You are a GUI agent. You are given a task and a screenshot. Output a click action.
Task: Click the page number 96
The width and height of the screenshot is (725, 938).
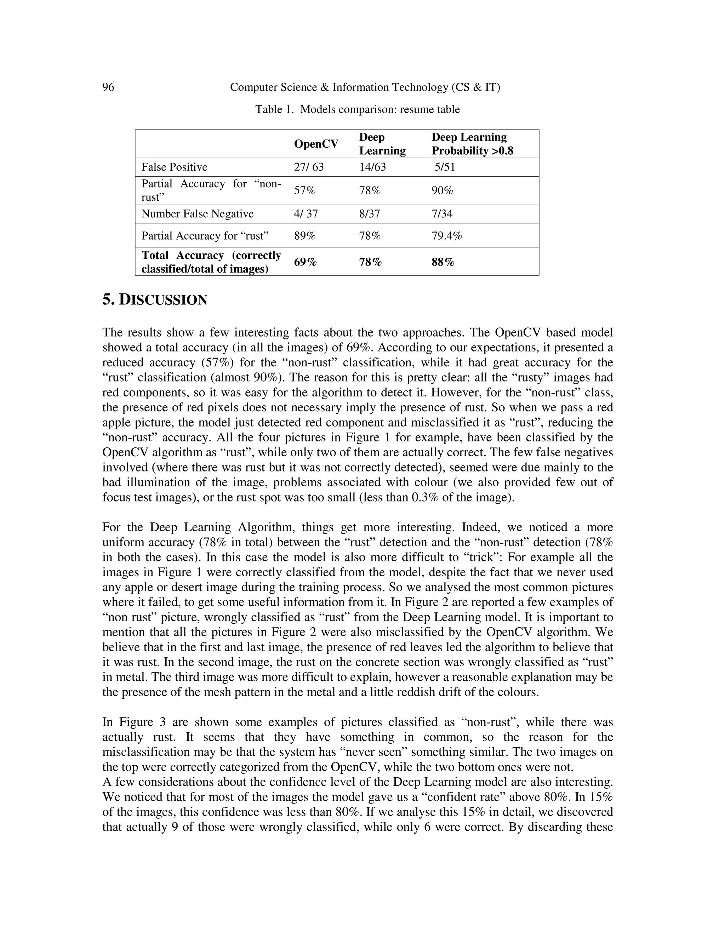(x=108, y=88)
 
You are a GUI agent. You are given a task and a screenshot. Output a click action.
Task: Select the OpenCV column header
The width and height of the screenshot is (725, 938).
(x=316, y=144)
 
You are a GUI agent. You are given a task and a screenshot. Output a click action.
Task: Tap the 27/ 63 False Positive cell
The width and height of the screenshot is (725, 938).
(x=309, y=167)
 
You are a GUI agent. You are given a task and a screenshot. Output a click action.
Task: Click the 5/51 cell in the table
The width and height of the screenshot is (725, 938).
(x=445, y=167)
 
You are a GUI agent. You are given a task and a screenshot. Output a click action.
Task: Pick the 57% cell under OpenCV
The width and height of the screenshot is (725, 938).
(x=304, y=190)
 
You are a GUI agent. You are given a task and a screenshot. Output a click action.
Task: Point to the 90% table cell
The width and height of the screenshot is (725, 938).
(x=443, y=190)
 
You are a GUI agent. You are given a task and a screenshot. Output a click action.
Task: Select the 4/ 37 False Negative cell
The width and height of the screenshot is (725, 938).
(x=306, y=214)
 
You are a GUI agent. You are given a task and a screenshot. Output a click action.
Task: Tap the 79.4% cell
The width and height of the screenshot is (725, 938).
(x=447, y=236)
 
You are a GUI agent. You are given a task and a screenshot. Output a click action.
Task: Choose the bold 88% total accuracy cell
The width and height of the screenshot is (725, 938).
(x=443, y=262)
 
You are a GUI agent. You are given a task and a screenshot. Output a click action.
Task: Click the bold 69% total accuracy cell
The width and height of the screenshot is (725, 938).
(x=306, y=262)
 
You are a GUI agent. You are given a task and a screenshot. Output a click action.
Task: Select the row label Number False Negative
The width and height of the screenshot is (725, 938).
(x=198, y=214)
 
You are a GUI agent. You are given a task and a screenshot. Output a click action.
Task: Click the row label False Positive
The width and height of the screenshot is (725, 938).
(x=175, y=167)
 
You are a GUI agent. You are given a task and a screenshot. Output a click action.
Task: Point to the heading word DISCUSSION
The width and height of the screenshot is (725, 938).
(x=163, y=300)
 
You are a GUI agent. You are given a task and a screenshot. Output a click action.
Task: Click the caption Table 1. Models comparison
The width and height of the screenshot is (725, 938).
(x=357, y=109)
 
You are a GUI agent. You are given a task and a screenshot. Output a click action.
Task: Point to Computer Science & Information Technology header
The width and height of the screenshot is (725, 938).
(x=365, y=88)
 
